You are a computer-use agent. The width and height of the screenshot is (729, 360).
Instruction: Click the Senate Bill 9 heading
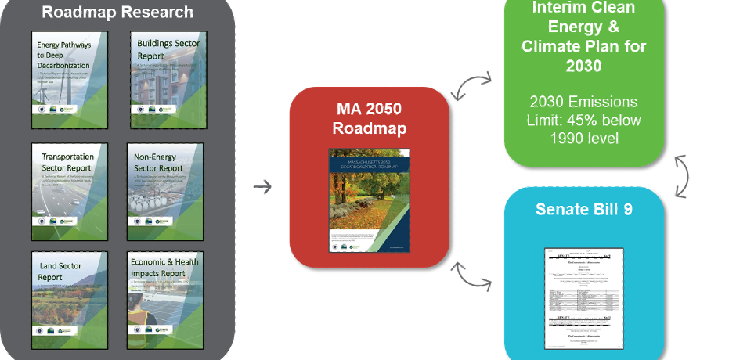click(583, 210)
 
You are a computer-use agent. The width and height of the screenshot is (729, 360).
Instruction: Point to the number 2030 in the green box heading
click(583, 67)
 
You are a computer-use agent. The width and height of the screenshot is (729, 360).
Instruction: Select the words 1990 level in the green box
click(583, 138)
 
